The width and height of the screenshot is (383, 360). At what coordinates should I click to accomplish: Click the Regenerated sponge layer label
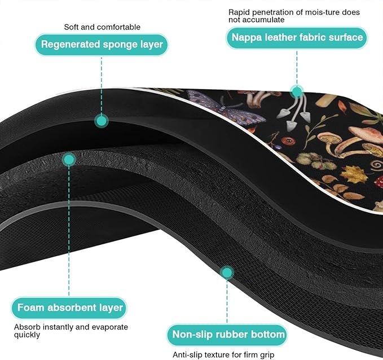[102, 45]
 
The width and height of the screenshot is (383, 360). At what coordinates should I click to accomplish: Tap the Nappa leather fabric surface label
[297, 38]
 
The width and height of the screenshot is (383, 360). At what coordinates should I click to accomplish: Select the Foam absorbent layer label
[69, 308]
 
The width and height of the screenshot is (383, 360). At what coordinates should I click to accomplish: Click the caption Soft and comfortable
[102, 27]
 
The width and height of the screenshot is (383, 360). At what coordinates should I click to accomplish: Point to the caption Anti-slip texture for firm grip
[223, 354]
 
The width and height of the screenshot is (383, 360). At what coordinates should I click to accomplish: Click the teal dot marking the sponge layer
[102, 121]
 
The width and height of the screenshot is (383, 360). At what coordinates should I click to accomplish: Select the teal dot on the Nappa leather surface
[297, 91]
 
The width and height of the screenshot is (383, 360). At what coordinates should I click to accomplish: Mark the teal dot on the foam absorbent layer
[69, 160]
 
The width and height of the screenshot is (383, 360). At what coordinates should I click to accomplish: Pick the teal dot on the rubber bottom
[227, 273]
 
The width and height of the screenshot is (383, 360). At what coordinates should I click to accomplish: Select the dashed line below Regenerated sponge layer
[102, 86]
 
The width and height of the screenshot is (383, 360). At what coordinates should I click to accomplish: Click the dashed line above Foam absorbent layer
[69, 231]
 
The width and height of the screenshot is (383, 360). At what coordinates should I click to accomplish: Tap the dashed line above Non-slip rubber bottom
[227, 301]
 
